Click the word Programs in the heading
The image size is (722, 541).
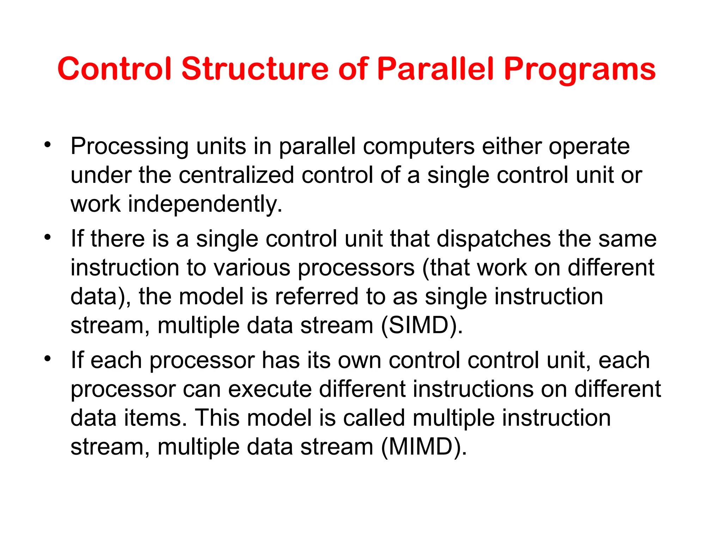tap(580, 70)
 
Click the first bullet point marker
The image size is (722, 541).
tap(48, 144)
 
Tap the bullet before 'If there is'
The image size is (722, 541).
tap(48, 237)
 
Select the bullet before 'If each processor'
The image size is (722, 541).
tap(48, 359)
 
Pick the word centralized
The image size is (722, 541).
tap(236, 175)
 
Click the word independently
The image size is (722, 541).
tap(204, 204)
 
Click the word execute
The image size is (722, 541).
tap(270, 389)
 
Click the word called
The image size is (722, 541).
tap(374, 418)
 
